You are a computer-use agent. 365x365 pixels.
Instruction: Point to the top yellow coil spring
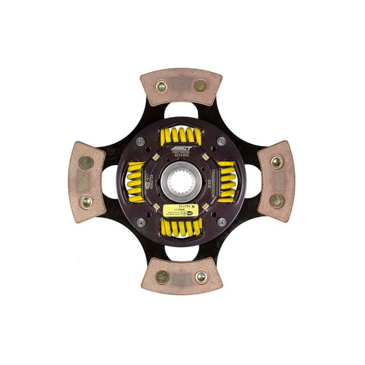click(x=181, y=136)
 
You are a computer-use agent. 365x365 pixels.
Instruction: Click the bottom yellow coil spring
click(x=181, y=227)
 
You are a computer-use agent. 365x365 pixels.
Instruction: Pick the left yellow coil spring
click(x=135, y=181)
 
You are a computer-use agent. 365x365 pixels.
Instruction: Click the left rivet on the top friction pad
click(x=162, y=86)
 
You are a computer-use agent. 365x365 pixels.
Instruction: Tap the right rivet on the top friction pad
click(x=200, y=86)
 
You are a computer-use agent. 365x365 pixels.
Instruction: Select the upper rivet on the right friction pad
click(x=277, y=162)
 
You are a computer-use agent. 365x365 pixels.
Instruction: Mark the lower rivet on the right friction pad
click(x=277, y=201)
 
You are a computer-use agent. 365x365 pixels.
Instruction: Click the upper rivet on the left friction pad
click(x=86, y=163)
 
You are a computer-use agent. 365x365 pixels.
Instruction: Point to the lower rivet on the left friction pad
click(x=86, y=202)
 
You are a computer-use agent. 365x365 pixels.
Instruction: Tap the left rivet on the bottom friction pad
click(x=162, y=277)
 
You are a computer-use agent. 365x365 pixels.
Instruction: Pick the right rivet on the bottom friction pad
click(x=201, y=277)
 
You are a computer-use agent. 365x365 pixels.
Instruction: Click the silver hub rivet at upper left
click(x=141, y=141)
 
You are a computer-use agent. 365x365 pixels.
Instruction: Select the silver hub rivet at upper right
click(x=221, y=141)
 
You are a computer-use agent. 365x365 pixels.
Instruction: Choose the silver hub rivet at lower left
click(x=141, y=222)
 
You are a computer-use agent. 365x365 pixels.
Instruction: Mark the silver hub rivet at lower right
click(x=221, y=222)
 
